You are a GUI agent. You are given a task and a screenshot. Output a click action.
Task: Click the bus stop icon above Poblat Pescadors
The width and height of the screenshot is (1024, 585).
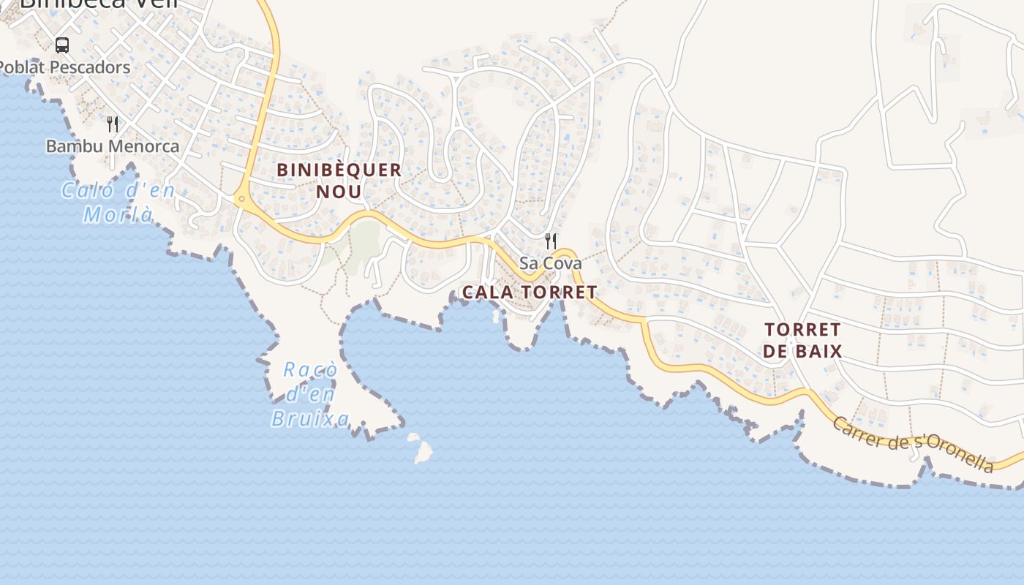point(62,45)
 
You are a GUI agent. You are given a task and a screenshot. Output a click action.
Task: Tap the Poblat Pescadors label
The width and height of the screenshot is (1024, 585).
point(64,67)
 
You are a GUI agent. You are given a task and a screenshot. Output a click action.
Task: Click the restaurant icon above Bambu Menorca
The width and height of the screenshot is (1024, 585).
point(112,124)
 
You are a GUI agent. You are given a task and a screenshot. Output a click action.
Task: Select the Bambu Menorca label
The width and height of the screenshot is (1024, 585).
point(113,146)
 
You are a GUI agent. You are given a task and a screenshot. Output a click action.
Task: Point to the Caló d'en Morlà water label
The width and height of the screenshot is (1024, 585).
point(118,203)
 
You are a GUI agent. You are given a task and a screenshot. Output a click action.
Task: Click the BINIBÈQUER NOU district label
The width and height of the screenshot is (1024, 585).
point(339,181)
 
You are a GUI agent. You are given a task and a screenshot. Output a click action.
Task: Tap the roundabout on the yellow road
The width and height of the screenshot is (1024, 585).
point(241,199)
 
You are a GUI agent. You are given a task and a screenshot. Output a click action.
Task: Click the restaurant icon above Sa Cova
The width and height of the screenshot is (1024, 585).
point(551,241)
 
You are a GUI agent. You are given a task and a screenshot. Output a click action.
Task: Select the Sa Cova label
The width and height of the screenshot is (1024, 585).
point(551,263)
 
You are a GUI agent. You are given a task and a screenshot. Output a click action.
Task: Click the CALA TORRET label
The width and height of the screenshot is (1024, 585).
point(530,292)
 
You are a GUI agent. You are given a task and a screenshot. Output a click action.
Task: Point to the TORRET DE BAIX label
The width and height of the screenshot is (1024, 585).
point(802,340)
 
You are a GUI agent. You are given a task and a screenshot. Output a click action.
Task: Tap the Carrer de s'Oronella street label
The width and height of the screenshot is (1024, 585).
point(914,444)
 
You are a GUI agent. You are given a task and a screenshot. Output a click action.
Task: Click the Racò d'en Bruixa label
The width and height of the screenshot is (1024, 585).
point(310,394)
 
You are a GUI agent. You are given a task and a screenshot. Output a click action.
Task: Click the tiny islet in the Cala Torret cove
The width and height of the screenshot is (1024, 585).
point(497,316)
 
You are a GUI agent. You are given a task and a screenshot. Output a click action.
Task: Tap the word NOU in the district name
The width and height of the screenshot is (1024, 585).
point(339,192)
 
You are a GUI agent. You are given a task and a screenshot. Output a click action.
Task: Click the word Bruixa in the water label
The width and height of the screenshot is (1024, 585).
point(310,419)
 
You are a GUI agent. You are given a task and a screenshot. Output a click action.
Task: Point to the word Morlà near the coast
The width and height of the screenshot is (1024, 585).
point(118,214)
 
